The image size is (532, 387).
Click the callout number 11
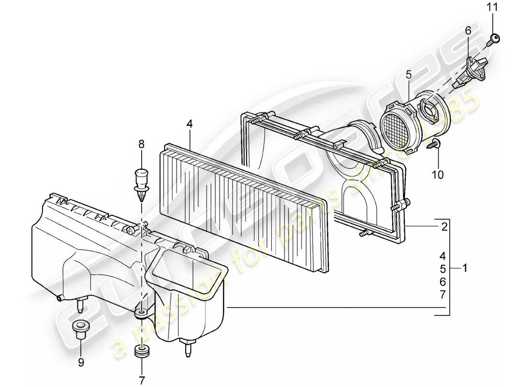click(492, 7)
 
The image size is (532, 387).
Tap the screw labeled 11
click(494, 38)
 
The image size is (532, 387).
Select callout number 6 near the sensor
click(468, 30)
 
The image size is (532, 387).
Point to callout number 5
click(408, 74)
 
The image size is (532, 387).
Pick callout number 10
click(437, 175)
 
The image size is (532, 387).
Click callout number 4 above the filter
click(190, 124)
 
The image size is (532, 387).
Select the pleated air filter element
click(242, 203)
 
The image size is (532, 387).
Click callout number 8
click(141, 144)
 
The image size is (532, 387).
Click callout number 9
click(81, 361)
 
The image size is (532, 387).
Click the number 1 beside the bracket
click(465, 268)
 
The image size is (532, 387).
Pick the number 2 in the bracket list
click(443, 226)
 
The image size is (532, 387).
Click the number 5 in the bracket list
click(443, 268)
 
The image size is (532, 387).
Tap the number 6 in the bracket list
click(443, 281)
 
